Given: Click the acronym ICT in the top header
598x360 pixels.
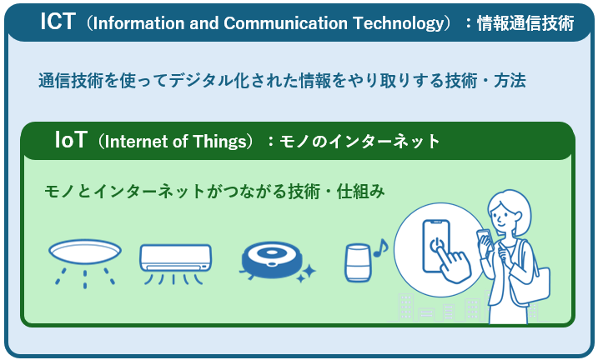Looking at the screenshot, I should click(58, 22).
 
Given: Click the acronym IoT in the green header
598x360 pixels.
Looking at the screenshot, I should click(70, 140).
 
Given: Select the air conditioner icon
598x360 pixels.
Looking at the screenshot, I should click(175, 261).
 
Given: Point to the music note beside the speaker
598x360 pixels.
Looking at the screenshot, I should click(380, 247).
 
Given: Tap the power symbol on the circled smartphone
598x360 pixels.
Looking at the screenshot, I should click(435, 243).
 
